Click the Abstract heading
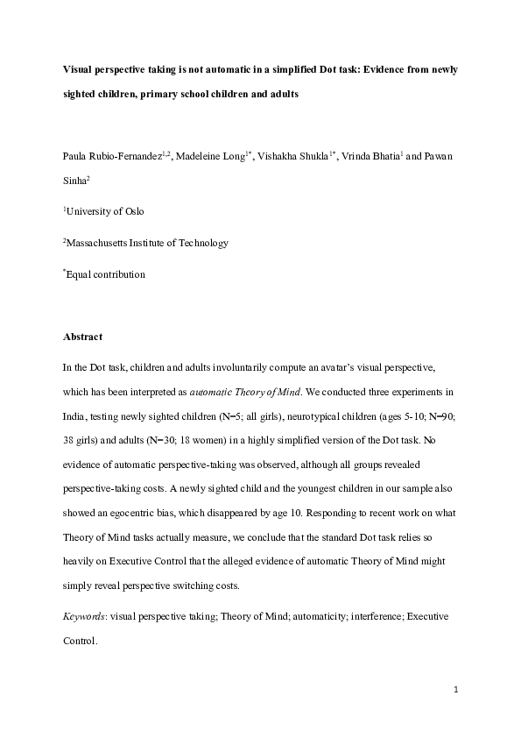tap(83, 337)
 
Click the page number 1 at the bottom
tap(456, 690)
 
